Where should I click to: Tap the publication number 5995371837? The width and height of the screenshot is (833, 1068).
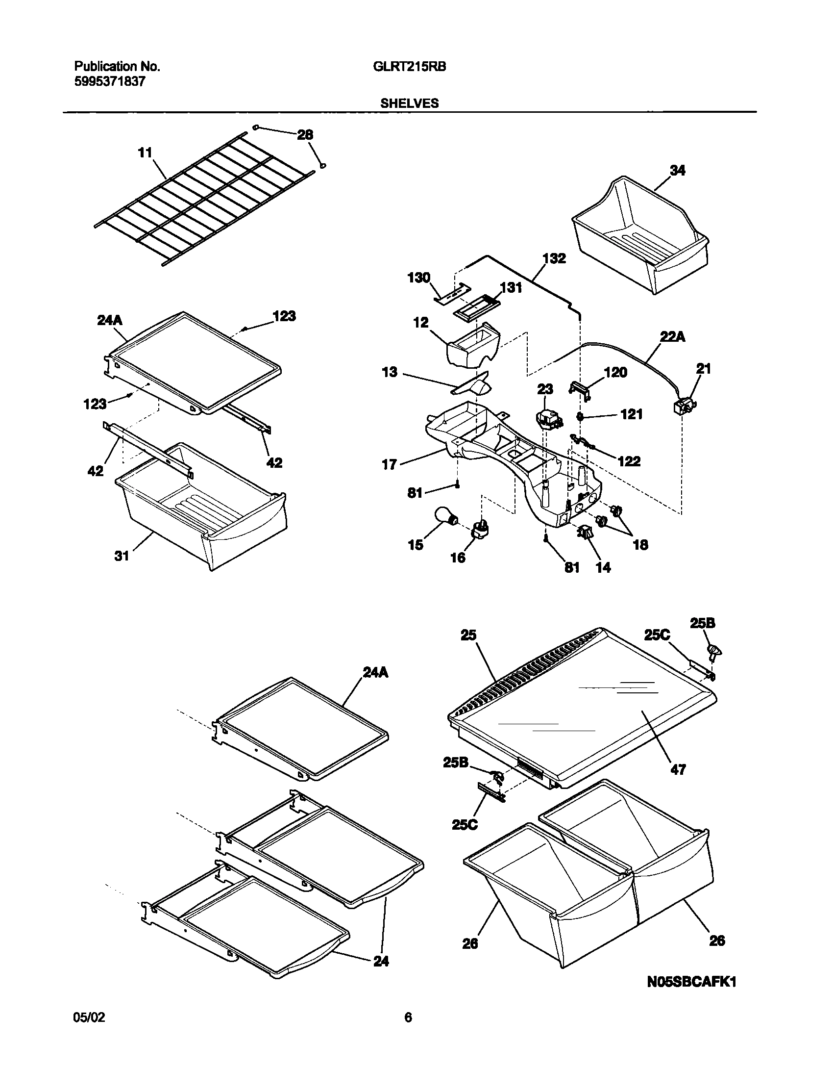[x=110, y=82]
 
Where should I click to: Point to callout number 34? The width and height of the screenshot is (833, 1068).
[x=677, y=171]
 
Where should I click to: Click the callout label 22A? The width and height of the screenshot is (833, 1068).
[x=673, y=337]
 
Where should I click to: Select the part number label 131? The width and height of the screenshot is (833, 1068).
[x=511, y=288]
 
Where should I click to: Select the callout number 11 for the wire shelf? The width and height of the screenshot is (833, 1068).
[x=145, y=153]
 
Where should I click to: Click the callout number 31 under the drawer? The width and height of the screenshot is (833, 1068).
[x=122, y=556]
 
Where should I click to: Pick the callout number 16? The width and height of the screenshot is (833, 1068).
[x=458, y=558]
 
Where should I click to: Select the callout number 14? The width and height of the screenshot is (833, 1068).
[x=603, y=567]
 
